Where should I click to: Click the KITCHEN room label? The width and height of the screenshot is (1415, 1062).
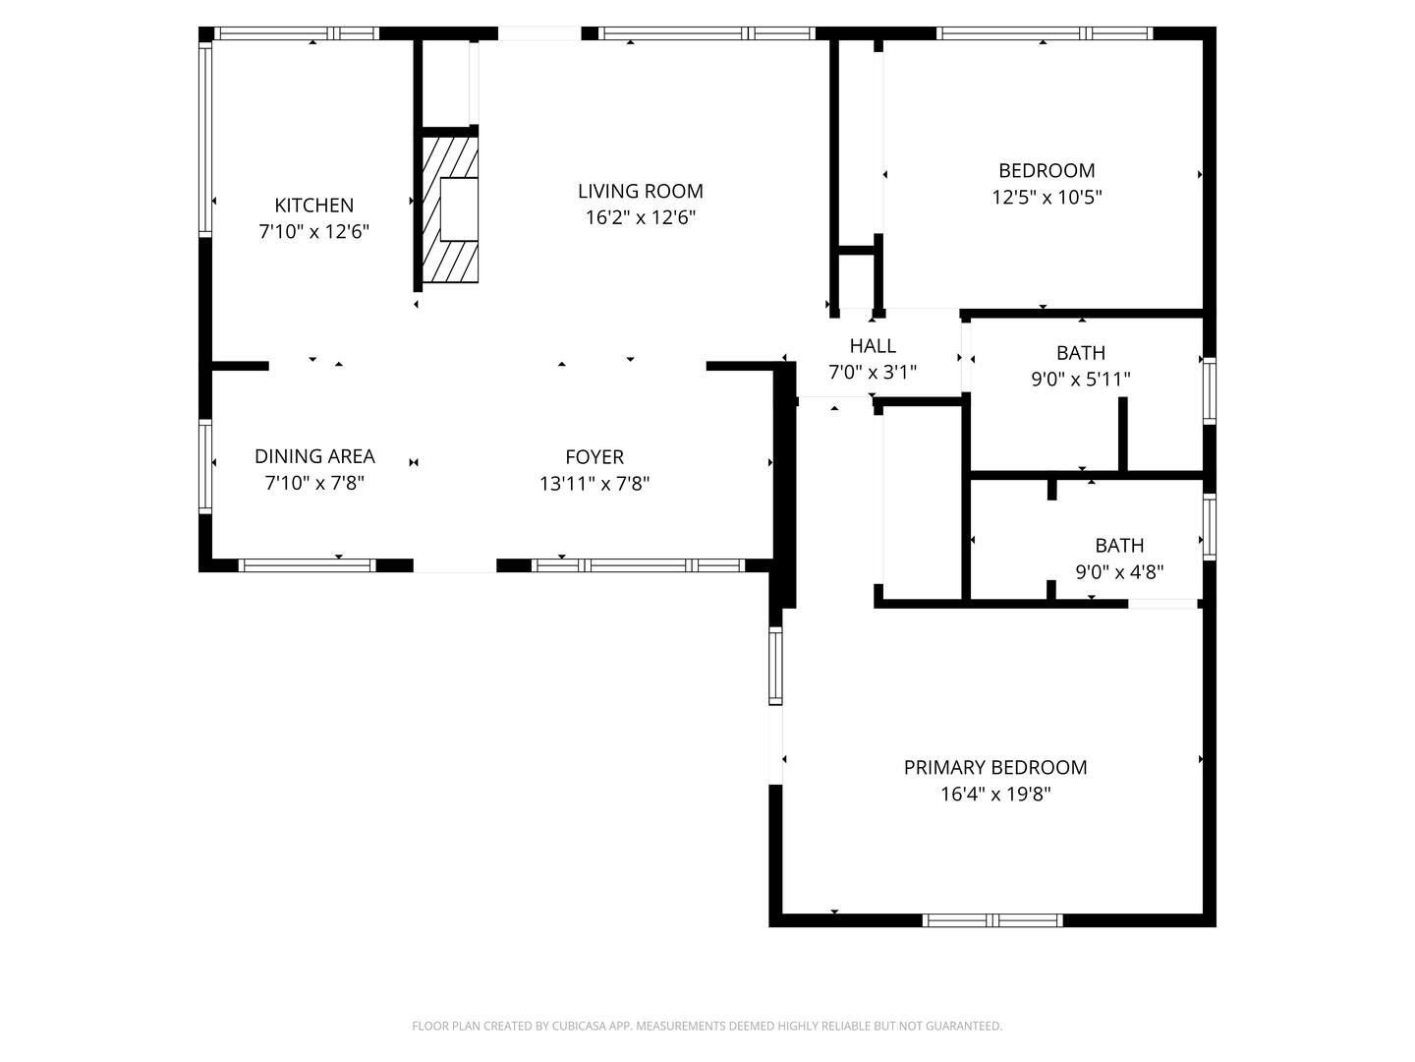(x=313, y=206)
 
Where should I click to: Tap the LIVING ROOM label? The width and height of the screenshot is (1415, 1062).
(x=640, y=191)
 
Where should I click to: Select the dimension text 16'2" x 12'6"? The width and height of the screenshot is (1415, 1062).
(x=640, y=217)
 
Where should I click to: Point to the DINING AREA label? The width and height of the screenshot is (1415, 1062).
(x=314, y=456)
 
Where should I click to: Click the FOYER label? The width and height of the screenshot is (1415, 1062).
(x=594, y=457)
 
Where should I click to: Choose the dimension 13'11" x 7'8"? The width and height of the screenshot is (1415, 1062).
(x=594, y=483)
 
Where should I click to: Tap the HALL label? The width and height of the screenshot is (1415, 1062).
(x=873, y=346)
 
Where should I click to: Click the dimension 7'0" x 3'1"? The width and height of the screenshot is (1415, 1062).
(x=873, y=372)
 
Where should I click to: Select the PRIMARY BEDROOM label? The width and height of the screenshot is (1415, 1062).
(x=995, y=767)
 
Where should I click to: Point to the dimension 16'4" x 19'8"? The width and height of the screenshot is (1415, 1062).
(x=995, y=794)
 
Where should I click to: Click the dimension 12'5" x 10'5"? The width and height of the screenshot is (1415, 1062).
(x=1047, y=197)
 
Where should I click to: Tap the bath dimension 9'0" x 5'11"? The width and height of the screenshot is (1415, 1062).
(x=1081, y=379)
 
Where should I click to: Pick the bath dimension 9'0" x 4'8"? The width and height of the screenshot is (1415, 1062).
(x=1120, y=572)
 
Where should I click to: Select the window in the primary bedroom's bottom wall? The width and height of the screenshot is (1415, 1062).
(x=992, y=920)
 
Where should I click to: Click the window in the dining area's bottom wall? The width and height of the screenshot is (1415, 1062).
(x=307, y=565)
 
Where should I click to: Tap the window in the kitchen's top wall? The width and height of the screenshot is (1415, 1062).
(x=297, y=33)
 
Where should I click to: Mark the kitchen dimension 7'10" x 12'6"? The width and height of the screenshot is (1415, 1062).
(x=313, y=231)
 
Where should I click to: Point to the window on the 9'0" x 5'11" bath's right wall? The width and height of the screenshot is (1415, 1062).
(x=1210, y=390)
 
